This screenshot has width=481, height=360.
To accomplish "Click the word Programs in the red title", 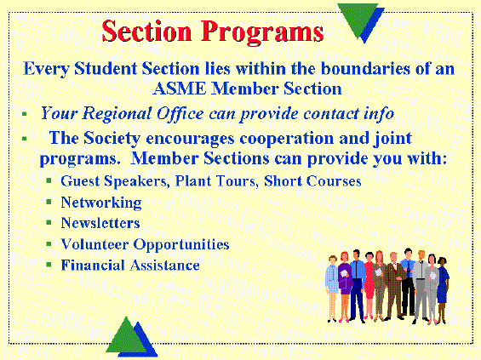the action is [262, 32].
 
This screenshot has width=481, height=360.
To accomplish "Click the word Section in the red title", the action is [146, 31].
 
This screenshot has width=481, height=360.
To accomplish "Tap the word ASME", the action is [180, 89].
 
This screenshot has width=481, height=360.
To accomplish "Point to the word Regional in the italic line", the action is [117, 114].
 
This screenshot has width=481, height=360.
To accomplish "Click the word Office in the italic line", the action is [180, 114].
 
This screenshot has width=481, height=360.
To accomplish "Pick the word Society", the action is [112, 139].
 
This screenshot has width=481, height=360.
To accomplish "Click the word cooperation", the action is [287, 139].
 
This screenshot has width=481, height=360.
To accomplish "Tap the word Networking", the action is [101, 203].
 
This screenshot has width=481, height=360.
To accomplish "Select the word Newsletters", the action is [100, 223].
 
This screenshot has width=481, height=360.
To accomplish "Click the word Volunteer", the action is [94, 244].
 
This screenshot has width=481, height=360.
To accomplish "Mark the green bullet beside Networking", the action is [49, 202].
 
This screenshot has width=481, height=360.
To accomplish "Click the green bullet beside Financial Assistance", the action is [49, 265].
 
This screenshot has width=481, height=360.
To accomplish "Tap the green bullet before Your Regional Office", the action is [25, 114].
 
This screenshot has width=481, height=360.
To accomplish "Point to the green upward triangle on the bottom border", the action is [126, 337].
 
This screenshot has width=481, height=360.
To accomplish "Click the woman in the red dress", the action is [369, 285].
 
